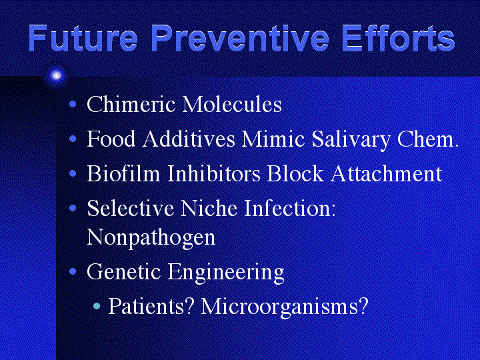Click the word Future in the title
point(83,38)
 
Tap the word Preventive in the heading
point(240,38)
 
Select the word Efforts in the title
point(398,38)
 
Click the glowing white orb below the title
point(56,75)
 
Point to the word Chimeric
point(131,104)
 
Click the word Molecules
point(232,104)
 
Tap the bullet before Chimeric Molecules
point(73,105)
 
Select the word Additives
point(189,139)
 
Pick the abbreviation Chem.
point(427,139)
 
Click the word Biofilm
point(123,173)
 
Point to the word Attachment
point(386,173)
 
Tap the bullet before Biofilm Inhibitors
point(73,174)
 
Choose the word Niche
point(209,208)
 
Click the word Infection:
point(290,208)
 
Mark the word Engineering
point(226,273)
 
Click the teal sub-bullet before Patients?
point(97,306)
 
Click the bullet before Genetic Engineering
point(73,271)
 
